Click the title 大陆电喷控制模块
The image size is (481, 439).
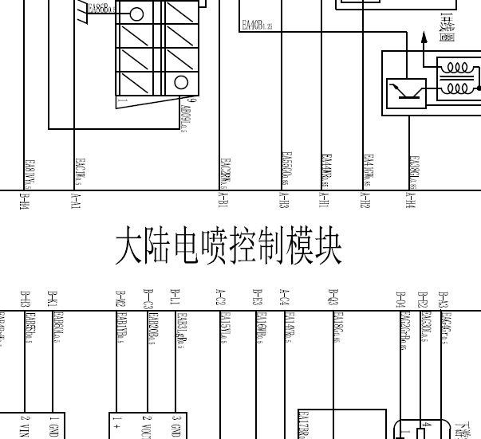(229, 249)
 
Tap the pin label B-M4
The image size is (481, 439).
(24, 202)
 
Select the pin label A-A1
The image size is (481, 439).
(76, 202)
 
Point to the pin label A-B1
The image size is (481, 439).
(223, 202)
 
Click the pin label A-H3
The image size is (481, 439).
(284, 201)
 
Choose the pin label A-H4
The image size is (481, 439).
(412, 201)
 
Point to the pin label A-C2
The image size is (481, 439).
(221, 298)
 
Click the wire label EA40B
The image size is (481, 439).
(257, 26)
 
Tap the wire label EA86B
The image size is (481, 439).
(101, 9)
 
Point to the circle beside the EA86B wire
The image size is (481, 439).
(136, 14)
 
